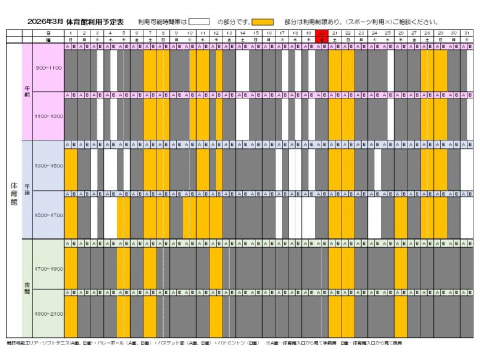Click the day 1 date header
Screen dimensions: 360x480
[x=71, y=32]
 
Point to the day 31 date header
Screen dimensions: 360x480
[x=466, y=32]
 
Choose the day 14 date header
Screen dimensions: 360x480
[x=242, y=32]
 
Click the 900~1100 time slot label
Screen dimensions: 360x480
[x=49, y=68]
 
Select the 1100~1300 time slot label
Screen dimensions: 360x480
[x=49, y=116]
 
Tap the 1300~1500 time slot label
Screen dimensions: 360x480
[x=49, y=166]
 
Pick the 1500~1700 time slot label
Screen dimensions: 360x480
[x=49, y=215]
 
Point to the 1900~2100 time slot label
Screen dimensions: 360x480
[x=49, y=313]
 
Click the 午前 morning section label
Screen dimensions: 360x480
[x=27, y=91]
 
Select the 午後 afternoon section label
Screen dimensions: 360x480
[x=27, y=190]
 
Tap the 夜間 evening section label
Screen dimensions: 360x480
[x=27, y=288]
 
